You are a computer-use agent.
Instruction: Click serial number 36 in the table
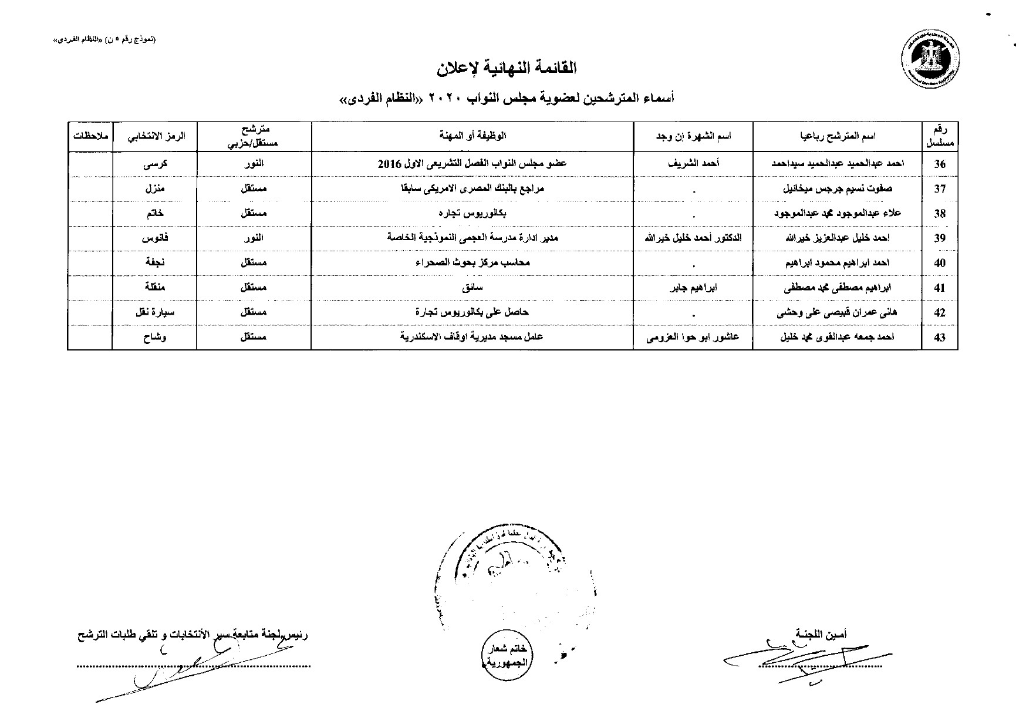click(940, 164)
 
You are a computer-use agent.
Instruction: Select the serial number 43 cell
click(940, 338)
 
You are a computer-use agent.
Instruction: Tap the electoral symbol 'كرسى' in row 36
click(155, 164)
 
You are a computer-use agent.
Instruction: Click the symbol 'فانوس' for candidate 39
click(154, 238)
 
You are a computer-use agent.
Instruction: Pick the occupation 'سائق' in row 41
click(473, 288)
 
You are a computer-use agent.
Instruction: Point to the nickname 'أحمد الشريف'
click(693, 164)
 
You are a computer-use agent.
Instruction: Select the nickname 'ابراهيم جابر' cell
click(693, 288)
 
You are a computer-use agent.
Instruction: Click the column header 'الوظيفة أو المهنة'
click(473, 136)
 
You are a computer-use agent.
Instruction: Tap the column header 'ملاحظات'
click(90, 136)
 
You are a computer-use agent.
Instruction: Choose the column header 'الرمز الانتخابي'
click(154, 136)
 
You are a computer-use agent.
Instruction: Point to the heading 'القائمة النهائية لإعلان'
click(507, 69)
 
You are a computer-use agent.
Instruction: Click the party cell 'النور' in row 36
click(254, 164)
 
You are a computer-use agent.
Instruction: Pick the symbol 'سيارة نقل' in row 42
click(154, 313)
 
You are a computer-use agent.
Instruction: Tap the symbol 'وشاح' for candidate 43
click(154, 338)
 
